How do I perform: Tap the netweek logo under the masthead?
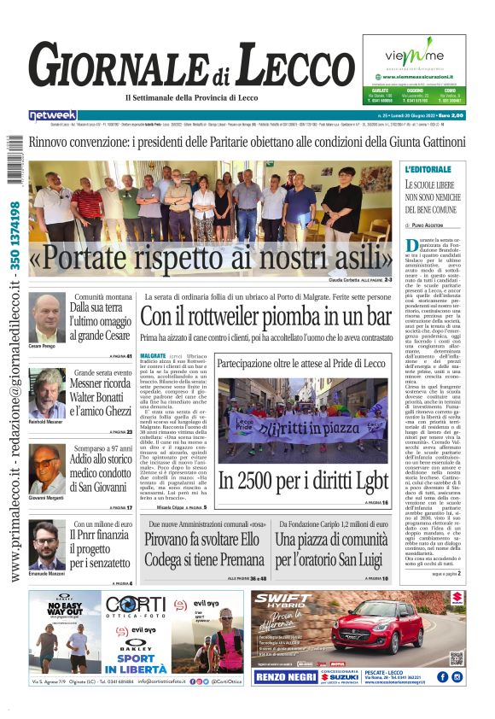(53, 115)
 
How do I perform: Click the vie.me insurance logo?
(418, 56)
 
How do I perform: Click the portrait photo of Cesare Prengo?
(48, 318)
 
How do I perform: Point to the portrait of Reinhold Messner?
(48, 392)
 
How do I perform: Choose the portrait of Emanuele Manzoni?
(48, 545)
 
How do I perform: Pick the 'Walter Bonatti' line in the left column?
(102, 397)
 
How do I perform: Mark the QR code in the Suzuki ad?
(457, 658)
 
